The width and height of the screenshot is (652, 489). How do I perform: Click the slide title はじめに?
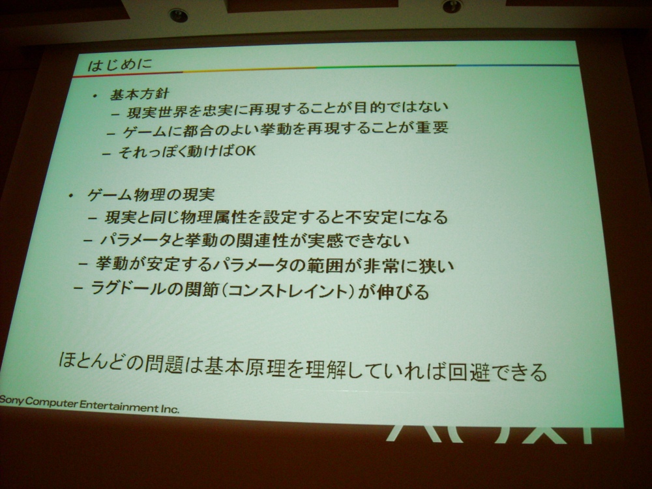point(120,65)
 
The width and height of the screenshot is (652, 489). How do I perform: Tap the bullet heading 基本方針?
point(139,94)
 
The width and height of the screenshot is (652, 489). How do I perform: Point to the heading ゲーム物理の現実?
point(151,194)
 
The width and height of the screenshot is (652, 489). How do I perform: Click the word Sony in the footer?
point(12,401)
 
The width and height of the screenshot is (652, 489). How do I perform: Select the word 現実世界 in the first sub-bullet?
point(159,111)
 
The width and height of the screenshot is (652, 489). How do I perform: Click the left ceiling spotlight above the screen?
point(179,16)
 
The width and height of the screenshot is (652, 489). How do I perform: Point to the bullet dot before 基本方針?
point(95,96)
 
